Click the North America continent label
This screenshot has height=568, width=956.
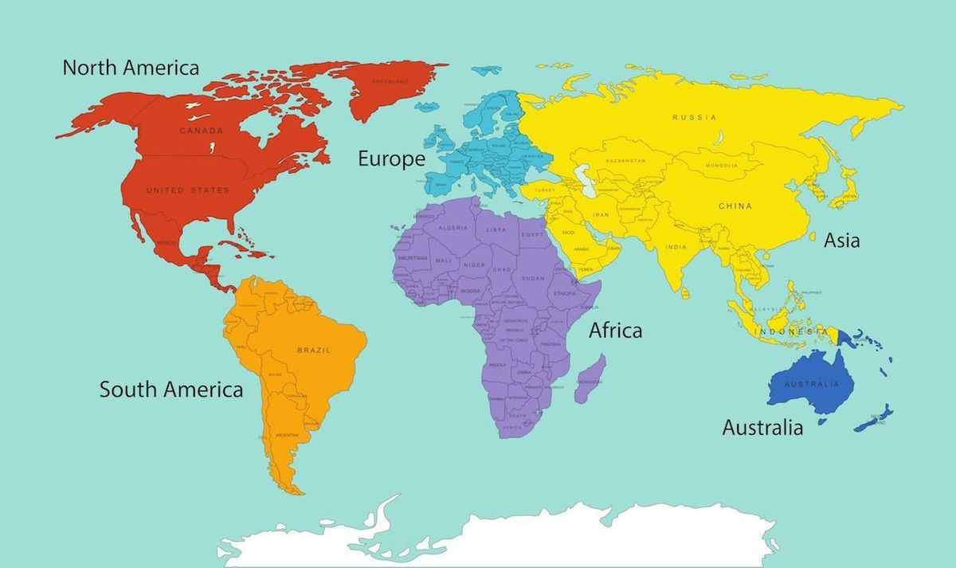131,68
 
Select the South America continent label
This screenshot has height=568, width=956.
170,390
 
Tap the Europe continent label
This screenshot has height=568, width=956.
391,159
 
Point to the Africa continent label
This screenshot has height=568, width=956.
615,330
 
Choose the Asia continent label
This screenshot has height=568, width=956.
842,240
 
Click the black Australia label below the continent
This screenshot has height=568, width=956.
762,428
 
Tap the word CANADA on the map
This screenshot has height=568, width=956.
201,131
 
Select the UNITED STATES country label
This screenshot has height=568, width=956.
187,190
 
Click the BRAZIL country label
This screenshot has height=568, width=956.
313,350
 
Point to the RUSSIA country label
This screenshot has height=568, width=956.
694,117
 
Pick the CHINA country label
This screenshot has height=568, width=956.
735,206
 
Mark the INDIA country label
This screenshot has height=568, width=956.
676,247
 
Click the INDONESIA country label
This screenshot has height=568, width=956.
790,331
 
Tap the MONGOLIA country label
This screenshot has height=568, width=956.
721,166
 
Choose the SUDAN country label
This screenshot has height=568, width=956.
533,278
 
